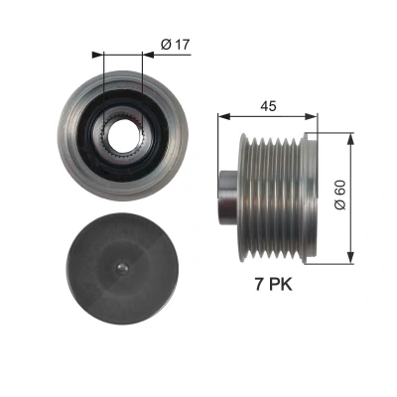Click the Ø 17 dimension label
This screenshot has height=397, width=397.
coord(176,45)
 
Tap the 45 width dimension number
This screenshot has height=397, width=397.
coord(268,106)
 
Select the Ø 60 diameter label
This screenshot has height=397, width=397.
coord(339,195)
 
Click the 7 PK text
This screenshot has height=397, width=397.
coord(273,284)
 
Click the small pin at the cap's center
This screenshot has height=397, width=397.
coord(122,268)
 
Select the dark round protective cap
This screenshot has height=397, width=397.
coord(122,268)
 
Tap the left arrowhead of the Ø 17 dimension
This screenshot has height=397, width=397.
coord(97,55)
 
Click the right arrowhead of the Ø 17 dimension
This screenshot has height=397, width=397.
coord(148,55)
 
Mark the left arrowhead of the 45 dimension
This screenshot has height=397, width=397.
coord(223,116)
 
